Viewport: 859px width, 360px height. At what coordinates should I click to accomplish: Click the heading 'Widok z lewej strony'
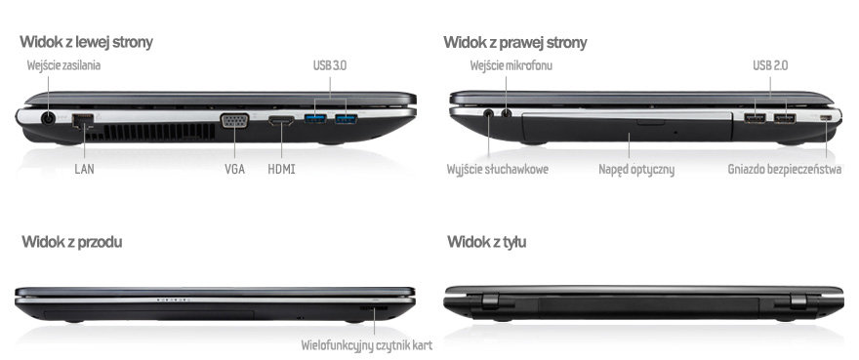tap(86, 42)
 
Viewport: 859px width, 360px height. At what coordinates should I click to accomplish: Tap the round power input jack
tap(48, 118)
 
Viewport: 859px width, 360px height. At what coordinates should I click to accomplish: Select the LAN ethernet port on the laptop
tap(83, 119)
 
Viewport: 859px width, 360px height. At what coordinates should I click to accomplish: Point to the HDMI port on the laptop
tap(281, 119)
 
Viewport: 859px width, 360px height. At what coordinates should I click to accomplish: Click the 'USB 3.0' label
tap(330, 65)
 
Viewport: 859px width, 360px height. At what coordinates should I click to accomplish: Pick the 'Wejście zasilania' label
tap(63, 65)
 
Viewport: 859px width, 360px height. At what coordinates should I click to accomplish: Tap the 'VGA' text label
tap(234, 169)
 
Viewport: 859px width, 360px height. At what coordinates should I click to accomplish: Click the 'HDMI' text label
tap(281, 169)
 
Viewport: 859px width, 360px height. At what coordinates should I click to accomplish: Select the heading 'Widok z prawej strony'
tap(515, 42)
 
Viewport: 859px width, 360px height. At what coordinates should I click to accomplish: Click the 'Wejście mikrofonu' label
tap(511, 65)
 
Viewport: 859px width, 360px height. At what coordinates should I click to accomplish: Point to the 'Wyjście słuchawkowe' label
tap(498, 170)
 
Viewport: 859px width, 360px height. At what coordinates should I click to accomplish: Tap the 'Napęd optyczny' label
tap(636, 170)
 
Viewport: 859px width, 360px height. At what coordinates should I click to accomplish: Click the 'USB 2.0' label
tap(770, 65)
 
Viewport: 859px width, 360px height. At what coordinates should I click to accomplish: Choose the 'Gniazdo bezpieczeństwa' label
tap(785, 170)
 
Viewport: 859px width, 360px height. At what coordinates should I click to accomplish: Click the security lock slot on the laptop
tap(826, 118)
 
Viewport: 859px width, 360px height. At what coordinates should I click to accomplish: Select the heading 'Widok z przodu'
tap(72, 242)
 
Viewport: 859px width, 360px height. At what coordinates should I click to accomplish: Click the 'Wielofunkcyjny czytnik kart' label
tap(366, 345)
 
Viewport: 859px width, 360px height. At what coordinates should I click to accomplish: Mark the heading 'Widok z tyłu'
tap(486, 242)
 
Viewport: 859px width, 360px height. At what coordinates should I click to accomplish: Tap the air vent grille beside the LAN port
tap(159, 132)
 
